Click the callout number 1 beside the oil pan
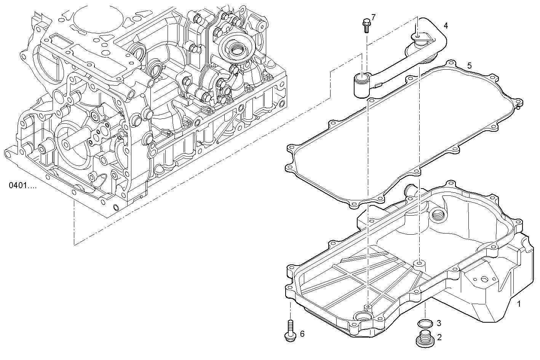(x=518, y=304)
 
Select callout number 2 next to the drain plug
(x=439, y=337)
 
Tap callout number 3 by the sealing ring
(x=439, y=323)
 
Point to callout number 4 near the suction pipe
(x=446, y=26)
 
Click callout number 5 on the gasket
(x=469, y=66)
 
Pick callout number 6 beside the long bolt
(x=302, y=334)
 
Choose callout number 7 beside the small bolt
(x=373, y=17)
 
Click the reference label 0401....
(x=23, y=186)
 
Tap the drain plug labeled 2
(x=423, y=339)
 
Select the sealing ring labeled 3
(x=425, y=324)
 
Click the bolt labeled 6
(x=290, y=330)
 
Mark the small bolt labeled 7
(x=366, y=25)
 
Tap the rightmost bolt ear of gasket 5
(x=518, y=102)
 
